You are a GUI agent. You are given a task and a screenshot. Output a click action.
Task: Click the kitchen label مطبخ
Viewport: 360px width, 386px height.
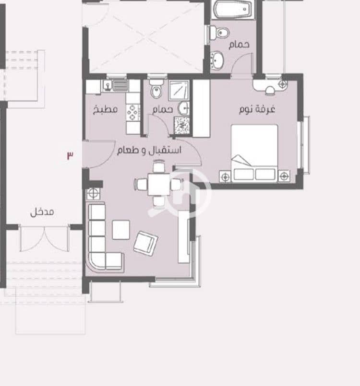(105, 109)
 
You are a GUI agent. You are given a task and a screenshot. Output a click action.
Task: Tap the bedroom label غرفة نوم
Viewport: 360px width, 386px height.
(257, 109)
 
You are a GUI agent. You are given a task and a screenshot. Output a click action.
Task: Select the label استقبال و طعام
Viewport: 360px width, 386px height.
(149, 150)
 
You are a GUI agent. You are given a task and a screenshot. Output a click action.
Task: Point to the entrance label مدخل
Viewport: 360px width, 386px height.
(42, 212)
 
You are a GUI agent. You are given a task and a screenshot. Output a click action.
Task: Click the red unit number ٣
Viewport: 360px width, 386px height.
(70, 155)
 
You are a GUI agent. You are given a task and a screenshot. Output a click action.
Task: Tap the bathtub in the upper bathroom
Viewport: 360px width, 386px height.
(233, 9)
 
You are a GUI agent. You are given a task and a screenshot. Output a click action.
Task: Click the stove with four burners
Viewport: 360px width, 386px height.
(133, 113)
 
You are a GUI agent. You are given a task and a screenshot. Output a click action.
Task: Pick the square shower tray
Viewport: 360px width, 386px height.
(179, 90)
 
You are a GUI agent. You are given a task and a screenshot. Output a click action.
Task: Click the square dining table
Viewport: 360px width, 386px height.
(159, 184)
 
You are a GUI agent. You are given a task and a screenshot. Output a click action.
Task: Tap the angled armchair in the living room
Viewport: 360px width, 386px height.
(145, 244)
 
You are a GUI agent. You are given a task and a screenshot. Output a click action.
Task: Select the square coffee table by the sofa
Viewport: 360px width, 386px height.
(121, 230)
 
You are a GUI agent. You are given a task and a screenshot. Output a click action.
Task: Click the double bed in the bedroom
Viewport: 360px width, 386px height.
(254, 153)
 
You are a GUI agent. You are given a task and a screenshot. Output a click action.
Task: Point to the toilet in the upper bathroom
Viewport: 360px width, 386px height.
(219, 33)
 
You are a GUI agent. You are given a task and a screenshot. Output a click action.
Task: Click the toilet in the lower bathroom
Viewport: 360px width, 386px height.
(156, 89)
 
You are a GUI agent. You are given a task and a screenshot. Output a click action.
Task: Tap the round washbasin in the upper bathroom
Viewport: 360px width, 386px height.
(217, 60)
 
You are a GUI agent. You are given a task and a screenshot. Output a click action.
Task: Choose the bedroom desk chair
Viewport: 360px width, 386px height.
(270, 91)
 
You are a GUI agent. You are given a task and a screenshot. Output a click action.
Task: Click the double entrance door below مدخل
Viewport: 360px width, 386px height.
(44, 238)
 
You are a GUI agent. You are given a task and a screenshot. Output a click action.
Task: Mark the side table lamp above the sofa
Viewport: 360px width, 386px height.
(94, 193)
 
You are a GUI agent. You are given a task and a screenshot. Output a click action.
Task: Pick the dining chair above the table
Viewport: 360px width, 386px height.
(159, 166)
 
